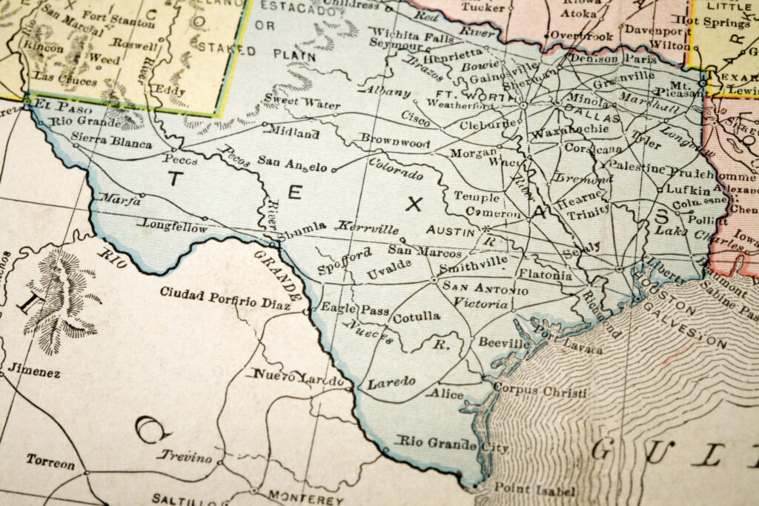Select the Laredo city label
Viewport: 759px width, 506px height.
(x=391, y=383)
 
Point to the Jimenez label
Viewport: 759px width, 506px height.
(x=35, y=371)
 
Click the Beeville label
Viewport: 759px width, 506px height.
(x=503, y=344)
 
